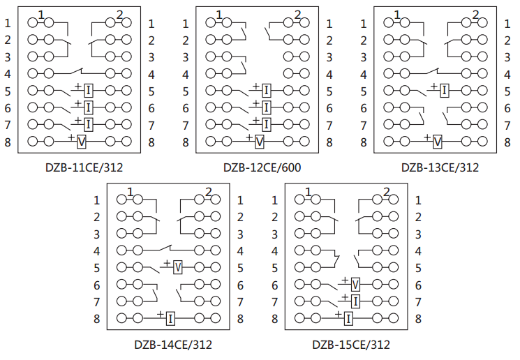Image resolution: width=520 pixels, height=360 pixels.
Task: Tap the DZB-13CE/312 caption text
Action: pyautogui.click(x=440, y=167)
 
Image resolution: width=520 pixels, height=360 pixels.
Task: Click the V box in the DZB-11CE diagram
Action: pyautogui.click(x=82, y=142)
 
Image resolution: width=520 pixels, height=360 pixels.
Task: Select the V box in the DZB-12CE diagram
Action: pyautogui.click(x=260, y=142)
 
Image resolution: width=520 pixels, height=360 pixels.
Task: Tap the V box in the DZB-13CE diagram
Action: pyautogui.click(x=437, y=142)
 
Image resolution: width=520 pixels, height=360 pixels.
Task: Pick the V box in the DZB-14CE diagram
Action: pyautogui.click(x=177, y=267)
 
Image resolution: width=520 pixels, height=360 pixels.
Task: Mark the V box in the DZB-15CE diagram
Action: pyautogui.click(x=355, y=284)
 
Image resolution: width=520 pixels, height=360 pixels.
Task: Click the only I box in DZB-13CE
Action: pyautogui.click(x=444, y=90)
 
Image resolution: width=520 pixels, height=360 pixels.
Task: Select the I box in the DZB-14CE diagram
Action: pyautogui.click(x=170, y=319)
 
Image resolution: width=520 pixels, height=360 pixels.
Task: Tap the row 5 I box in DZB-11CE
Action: pyautogui.click(x=89, y=90)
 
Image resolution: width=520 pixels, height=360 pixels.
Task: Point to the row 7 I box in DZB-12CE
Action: pyautogui.click(x=267, y=124)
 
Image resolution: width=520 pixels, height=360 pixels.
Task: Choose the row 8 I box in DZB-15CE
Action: pyautogui.click(x=348, y=319)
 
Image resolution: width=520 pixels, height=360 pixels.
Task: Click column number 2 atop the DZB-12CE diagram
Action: pyautogui.click(x=298, y=15)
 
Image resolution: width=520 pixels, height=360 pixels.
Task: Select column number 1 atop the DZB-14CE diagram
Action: pyautogui.click(x=131, y=192)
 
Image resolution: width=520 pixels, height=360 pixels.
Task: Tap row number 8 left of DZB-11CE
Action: pyautogui.click(x=8, y=142)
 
